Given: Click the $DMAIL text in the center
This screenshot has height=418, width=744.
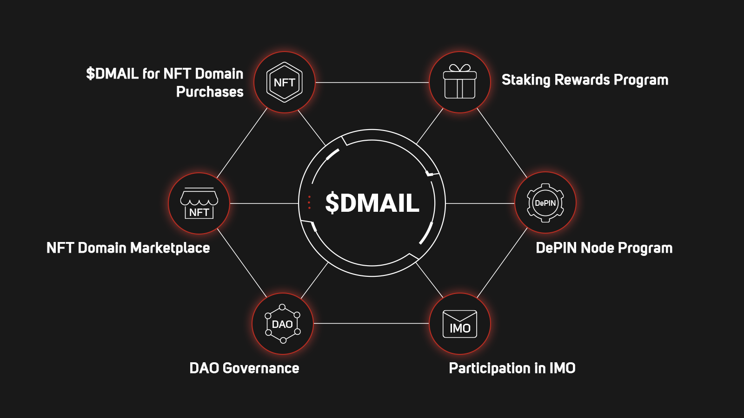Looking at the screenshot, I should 372,203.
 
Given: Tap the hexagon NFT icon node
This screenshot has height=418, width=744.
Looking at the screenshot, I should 285,82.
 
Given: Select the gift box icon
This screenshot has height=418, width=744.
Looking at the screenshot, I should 459,82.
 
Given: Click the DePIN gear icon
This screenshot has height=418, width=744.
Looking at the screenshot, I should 545,203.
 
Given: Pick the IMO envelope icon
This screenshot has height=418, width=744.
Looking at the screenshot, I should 459,324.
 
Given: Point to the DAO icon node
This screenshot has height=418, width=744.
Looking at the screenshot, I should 283,324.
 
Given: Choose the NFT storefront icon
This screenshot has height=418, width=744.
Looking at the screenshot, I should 199,203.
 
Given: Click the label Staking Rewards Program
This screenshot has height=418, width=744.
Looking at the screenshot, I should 585,80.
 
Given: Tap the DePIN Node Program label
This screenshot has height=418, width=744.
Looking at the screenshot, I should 604,248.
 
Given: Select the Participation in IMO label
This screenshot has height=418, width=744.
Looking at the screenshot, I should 512,368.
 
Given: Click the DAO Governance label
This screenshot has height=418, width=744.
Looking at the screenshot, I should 244,368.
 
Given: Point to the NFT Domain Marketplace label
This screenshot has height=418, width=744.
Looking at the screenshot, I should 128,248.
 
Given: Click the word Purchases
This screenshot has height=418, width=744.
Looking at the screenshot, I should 210,92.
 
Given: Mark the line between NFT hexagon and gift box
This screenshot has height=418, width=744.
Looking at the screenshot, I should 372,83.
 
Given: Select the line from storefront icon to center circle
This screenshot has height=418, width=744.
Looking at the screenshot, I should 264,203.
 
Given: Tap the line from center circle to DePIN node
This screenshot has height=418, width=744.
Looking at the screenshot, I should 480,203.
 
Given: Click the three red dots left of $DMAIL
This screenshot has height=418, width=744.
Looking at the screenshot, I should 309,202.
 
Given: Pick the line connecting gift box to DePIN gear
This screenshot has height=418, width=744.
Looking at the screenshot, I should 502,143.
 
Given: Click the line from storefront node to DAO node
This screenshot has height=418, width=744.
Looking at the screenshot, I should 242,263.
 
